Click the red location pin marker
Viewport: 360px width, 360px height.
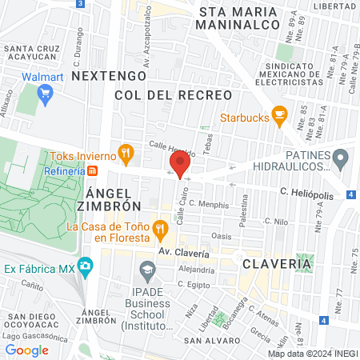(179, 164)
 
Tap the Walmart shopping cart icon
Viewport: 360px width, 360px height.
(45, 95)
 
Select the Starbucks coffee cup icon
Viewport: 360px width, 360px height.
(278, 115)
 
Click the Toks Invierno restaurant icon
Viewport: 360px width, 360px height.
(125, 152)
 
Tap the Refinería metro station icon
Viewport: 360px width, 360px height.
(93, 171)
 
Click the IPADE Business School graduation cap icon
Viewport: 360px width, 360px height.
(146, 270)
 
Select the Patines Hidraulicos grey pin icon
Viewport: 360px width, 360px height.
(341, 159)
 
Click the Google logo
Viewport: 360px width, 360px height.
(26, 350)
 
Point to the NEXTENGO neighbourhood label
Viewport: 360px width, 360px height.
(109, 75)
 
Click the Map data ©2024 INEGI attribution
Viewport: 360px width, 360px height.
(313, 353)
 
